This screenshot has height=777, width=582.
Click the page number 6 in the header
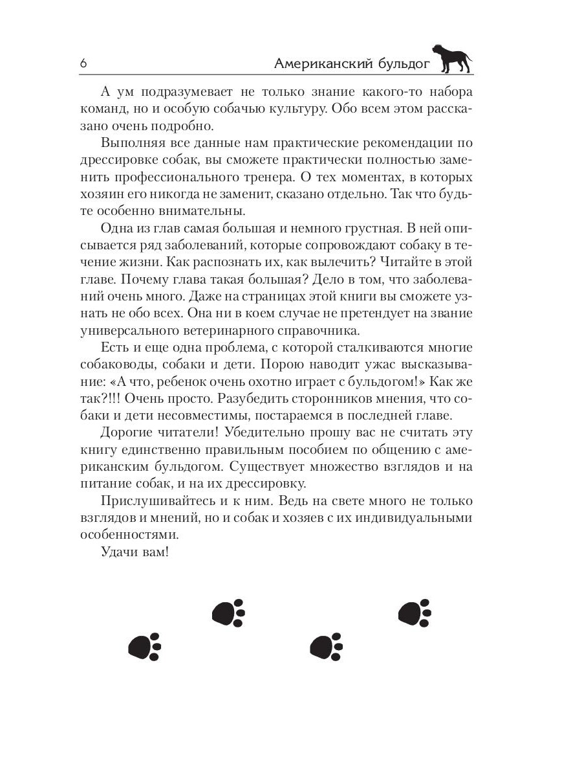(x=83, y=63)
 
